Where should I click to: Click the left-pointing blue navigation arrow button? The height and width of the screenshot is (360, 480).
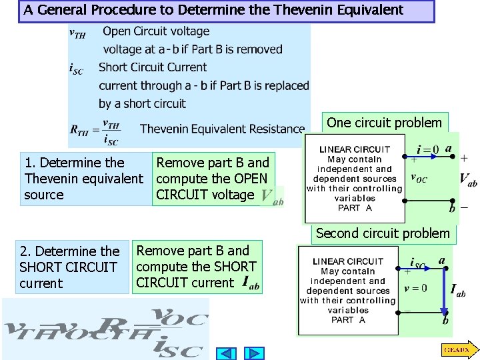(227, 353)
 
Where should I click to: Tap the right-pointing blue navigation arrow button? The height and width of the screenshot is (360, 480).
(253, 353)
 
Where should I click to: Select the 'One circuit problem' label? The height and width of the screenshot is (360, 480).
(384, 123)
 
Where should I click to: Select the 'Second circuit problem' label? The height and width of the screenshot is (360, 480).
(383, 233)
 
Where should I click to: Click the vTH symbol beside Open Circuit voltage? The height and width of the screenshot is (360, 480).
(78, 33)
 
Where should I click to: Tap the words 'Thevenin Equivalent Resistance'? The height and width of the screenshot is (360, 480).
(222, 129)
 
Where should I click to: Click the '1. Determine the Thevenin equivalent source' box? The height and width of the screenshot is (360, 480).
(84, 179)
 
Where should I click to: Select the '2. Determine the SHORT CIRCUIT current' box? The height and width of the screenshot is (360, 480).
(70, 267)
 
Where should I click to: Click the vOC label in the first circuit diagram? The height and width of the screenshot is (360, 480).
(419, 179)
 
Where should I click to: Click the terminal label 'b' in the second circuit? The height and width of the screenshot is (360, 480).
(445, 321)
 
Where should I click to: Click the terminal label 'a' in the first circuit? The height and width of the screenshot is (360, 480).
(449, 148)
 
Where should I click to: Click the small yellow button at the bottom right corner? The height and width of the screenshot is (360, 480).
(457, 349)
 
